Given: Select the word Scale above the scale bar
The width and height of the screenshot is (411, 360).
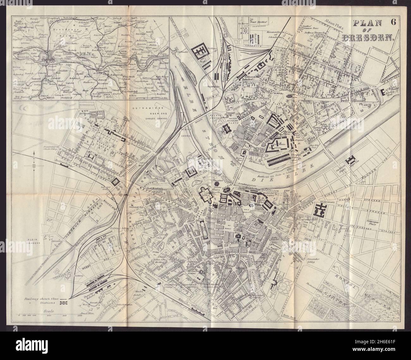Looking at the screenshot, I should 50,311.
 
